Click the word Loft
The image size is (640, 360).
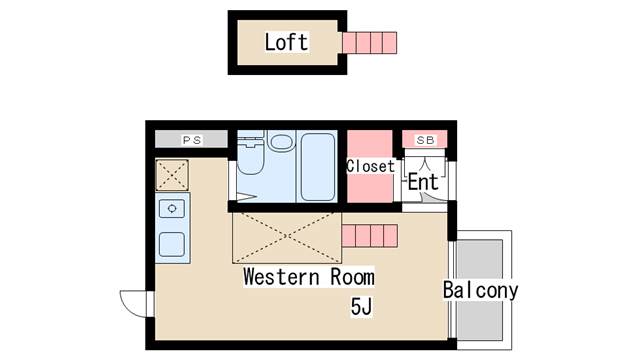(x=286, y=42)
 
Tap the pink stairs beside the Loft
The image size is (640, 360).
(x=369, y=43)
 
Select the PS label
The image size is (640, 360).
(x=192, y=140)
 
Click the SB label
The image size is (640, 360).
(x=425, y=140)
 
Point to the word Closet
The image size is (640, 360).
(x=370, y=166)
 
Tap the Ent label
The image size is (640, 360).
(x=423, y=183)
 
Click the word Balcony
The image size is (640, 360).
(x=481, y=291)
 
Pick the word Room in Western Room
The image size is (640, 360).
(x=348, y=277)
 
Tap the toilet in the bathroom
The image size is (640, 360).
(x=250, y=160)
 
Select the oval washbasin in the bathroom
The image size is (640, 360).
(x=281, y=142)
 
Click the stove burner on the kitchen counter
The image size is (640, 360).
(x=172, y=209)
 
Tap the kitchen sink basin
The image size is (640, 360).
(x=172, y=243)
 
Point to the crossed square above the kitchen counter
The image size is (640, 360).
(x=172, y=175)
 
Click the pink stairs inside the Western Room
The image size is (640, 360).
(x=370, y=237)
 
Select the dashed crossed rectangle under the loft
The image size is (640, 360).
(x=287, y=236)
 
